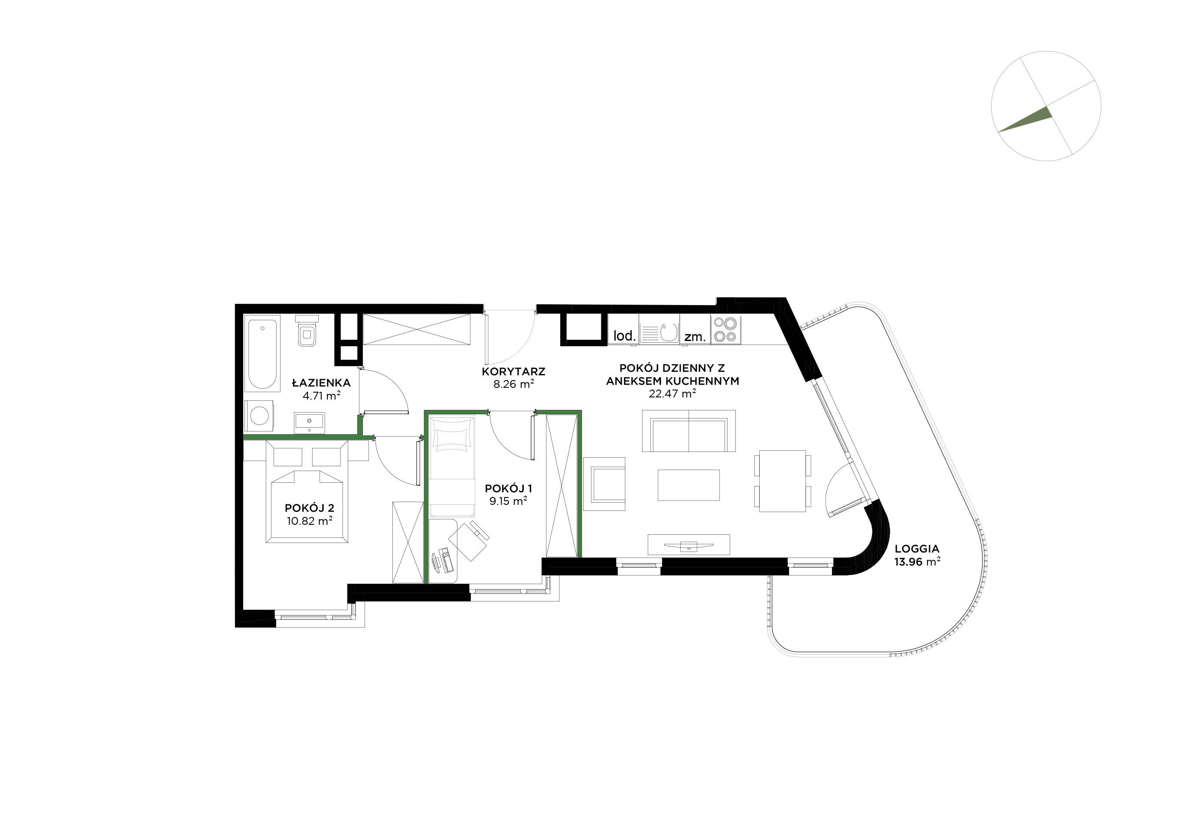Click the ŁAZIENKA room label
click(321, 383)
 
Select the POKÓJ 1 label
click(508, 488)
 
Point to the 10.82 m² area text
click(309, 520)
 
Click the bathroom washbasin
click(310, 422)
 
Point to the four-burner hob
click(726, 330)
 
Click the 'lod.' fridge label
click(624, 335)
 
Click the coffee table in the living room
click(688, 485)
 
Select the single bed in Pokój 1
click(452, 465)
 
